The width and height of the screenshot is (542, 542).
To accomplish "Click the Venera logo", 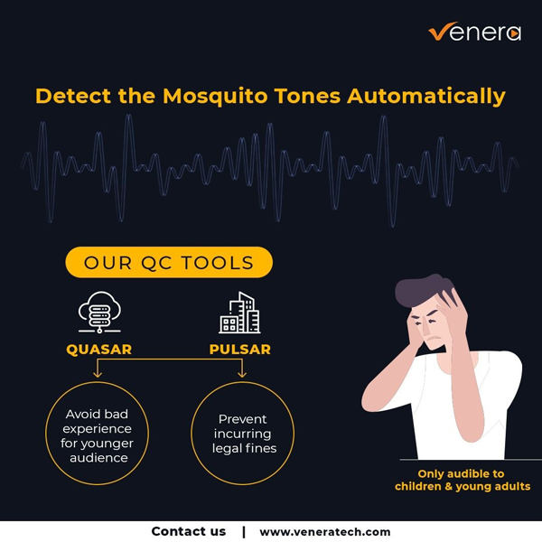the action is click(x=474, y=32).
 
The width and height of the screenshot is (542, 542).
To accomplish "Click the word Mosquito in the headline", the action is click(x=215, y=96).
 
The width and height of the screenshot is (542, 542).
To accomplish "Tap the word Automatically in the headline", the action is click(x=426, y=97).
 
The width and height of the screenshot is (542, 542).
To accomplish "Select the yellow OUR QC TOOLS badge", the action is click(x=169, y=262).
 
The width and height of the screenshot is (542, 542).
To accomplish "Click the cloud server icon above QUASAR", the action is click(x=99, y=313).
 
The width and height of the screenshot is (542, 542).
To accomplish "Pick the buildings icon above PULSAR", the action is click(x=239, y=313).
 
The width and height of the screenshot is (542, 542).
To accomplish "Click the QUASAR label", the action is click(x=98, y=349).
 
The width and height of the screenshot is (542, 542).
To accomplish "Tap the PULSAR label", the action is click(x=240, y=349).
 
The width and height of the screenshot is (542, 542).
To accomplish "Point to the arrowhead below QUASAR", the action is click(x=98, y=374).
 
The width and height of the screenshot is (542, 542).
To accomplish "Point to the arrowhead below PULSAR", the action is click(x=242, y=374).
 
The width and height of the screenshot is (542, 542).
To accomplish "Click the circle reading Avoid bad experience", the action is click(x=98, y=381).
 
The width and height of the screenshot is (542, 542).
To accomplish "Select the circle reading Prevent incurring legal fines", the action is click(x=243, y=381).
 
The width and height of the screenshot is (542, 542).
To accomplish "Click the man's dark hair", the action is click(x=424, y=290).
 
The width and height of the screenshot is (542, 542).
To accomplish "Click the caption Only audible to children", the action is click(x=463, y=481).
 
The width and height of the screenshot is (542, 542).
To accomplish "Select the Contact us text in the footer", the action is click(x=189, y=531).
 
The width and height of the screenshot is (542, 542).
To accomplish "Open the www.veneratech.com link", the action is click(x=325, y=532).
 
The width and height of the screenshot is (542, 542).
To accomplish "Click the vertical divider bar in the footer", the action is click(x=244, y=532).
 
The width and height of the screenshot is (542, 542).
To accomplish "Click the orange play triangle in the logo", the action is click(x=515, y=33).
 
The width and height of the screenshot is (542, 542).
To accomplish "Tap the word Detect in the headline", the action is click(x=73, y=96).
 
